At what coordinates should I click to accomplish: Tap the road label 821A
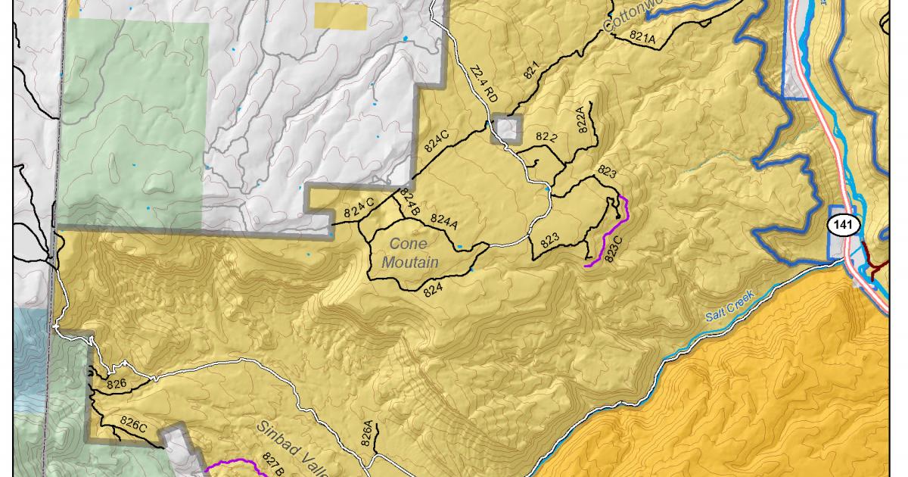[x=642, y=39]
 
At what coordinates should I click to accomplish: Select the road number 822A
[x=582, y=120]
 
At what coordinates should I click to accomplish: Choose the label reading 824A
[x=444, y=220]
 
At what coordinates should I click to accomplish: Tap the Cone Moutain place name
[x=410, y=254]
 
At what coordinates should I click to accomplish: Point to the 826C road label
[x=133, y=425]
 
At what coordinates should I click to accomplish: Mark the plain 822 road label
[x=546, y=137]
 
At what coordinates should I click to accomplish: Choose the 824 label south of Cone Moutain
[x=433, y=288]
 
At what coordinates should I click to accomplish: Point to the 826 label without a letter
[x=117, y=383]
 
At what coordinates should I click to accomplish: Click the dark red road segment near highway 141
[x=878, y=267]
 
